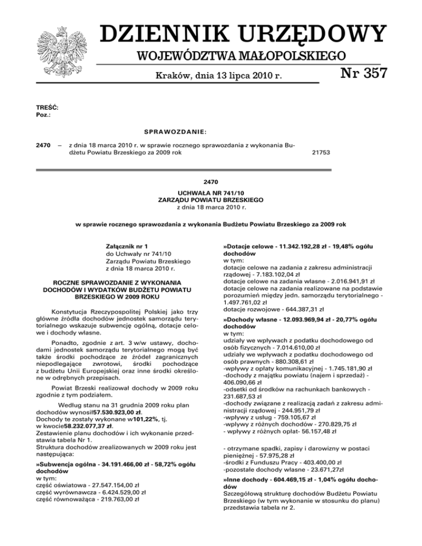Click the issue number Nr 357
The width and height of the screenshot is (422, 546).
[x=357, y=73]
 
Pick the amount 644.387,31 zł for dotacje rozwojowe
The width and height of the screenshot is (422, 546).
[x=290, y=309]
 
